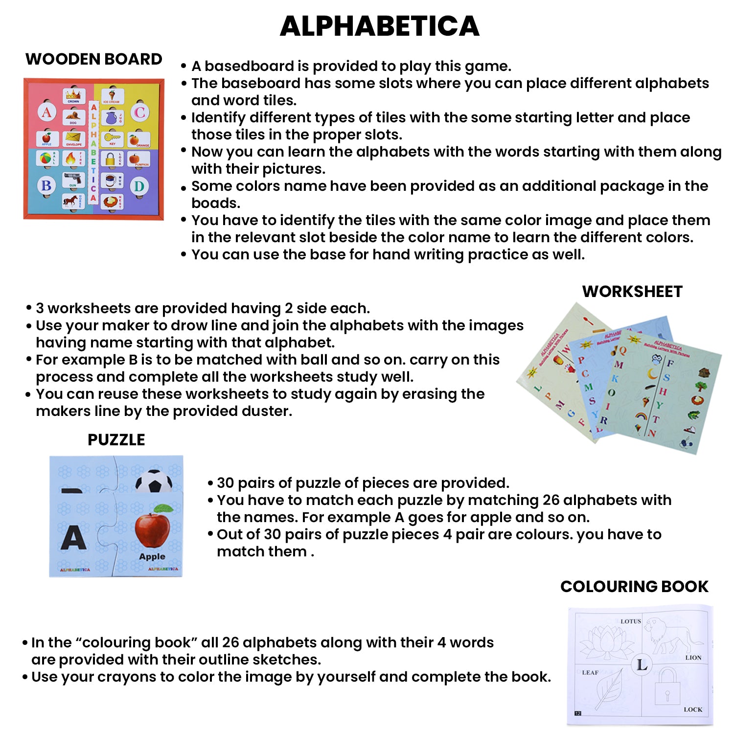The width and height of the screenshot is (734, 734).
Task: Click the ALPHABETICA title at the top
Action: click(x=379, y=26)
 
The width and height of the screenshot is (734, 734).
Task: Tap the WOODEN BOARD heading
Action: click(x=93, y=59)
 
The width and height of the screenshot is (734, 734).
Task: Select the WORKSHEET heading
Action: click(x=632, y=292)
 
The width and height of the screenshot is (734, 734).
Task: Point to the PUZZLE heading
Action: click(x=116, y=440)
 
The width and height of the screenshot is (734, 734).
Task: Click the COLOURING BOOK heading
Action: click(x=634, y=586)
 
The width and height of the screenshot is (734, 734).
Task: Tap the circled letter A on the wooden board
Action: click(x=46, y=113)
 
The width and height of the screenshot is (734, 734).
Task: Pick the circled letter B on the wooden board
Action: click(x=46, y=185)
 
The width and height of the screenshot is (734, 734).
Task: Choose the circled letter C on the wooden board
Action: click(x=139, y=113)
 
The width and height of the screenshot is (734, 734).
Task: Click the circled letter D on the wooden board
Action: click(x=139, y=186)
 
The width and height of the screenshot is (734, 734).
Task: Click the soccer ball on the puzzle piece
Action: click(x=154, y=482)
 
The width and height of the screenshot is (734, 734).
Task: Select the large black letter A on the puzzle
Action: click(x=73, y=538)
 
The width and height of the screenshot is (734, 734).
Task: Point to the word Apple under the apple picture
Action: click(x=152, y=557)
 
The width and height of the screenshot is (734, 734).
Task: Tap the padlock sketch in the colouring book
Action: click(x=666, y=688)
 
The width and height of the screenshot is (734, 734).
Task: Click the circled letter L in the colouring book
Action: click(x=642, y=665)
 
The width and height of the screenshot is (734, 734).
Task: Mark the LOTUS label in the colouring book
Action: click(x=630, y=621)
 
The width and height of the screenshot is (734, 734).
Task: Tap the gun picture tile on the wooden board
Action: click(x=73, y=180)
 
